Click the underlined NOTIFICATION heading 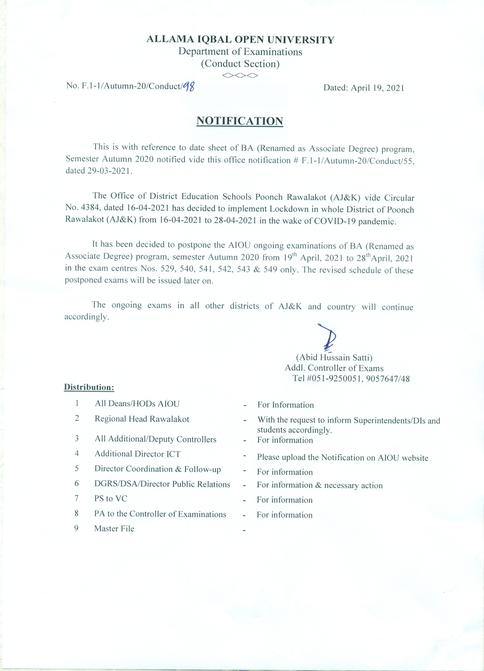(240, 121)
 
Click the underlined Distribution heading (89, 387)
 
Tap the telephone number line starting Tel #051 (351, 378)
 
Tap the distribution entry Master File (114, 529)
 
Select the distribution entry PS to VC (111, 499)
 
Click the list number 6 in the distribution (77, 483)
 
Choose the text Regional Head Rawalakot (142, 419)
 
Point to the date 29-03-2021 (109, 171)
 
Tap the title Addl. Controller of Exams (334, 368)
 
